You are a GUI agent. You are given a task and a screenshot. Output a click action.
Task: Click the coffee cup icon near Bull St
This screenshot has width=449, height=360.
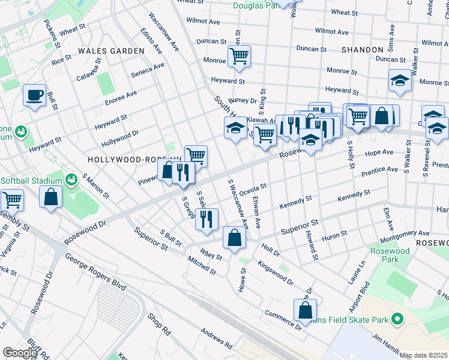[34, 95]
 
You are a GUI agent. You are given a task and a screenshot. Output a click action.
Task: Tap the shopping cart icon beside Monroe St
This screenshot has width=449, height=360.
[239, 57]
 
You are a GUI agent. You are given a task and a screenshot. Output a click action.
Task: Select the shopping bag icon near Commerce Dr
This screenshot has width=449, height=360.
[305, 310]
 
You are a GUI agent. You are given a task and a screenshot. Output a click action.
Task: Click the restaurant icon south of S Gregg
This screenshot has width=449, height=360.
[206, 219]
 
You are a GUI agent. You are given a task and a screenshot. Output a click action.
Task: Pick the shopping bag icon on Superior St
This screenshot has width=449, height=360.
[234, 238]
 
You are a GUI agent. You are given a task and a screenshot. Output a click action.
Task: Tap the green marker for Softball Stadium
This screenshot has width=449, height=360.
[71, 179]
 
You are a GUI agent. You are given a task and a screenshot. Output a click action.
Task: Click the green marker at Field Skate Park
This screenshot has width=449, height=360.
[396, 320]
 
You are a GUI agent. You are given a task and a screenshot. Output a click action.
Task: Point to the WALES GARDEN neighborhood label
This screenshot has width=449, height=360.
[110, 51]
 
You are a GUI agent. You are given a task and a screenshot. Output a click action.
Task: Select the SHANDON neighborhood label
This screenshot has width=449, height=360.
[362, 50]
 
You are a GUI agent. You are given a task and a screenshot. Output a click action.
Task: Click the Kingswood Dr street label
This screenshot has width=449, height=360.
[276, 272]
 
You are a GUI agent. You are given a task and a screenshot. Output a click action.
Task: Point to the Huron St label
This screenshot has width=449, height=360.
[336, 236]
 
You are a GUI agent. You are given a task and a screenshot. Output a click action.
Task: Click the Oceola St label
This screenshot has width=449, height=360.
[253, 189]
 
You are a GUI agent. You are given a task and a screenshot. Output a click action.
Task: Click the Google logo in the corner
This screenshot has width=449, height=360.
[19, 353]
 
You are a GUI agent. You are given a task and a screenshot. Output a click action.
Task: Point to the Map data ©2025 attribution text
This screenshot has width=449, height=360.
[424, 355]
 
